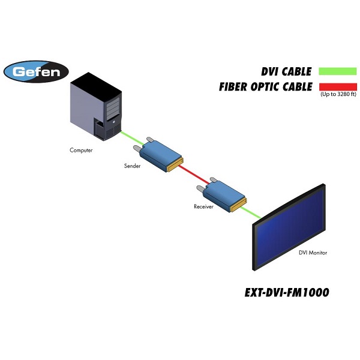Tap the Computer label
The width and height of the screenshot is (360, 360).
coord(81,150)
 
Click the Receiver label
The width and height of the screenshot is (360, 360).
coord(203,206)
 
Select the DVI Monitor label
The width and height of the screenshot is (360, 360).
coord(313,253)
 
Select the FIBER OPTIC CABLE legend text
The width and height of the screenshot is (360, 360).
coord(265,86)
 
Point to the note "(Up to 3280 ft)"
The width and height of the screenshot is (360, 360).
coord(338,95)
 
